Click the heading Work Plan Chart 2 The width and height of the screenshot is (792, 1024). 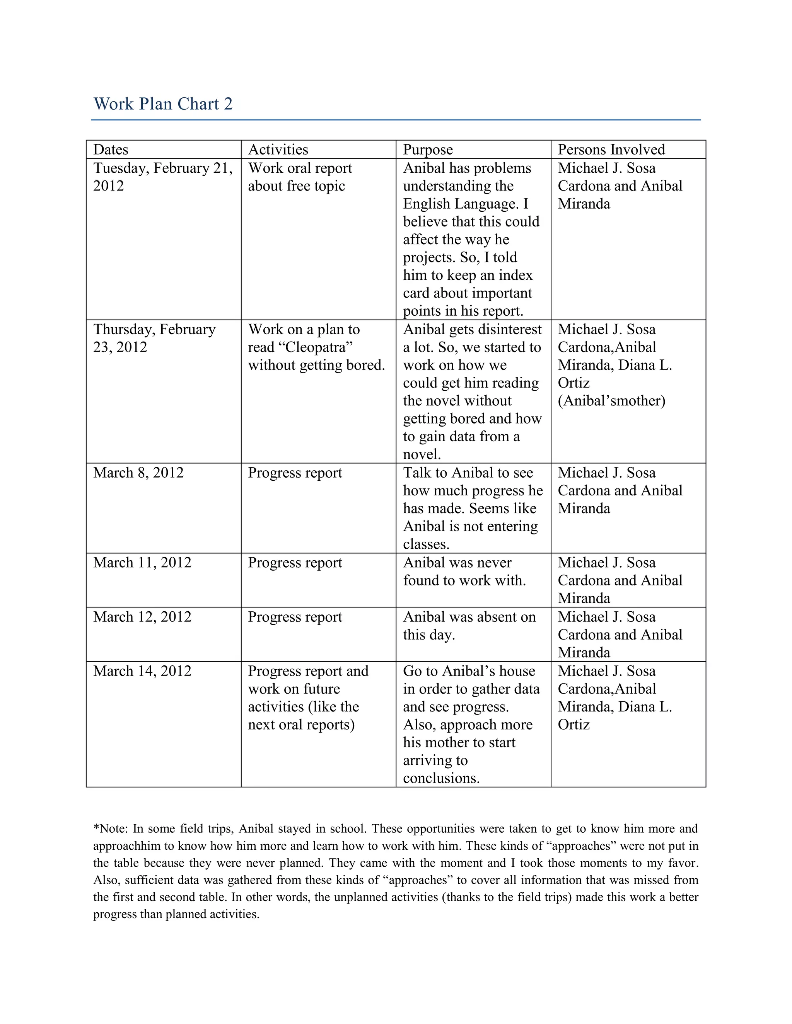pyautogui.click(x=163, y=104)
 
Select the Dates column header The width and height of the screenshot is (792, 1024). pyautogui.click(x=111, y=150)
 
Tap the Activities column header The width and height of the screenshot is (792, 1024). pyautogui.click(x=278, y=150)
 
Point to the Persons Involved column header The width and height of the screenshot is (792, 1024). pyautogui.click(x=611, y=150)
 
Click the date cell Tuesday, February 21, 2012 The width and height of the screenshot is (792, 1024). pyautogui.click(x=163, y=177)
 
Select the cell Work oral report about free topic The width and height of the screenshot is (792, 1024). pyautogui.click(x=300, y=177)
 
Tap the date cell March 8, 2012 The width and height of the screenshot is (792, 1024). pyautogui.click(x=138, y=473)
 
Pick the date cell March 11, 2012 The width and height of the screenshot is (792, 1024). pyautogui.click(x=142, y=563)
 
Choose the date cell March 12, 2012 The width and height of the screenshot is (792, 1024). pyautogui.click(x=142, y=617)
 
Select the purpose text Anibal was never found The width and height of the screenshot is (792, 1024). pyautogui.click(x=464, y=572)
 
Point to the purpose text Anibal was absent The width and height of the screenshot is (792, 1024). pyautogui.click(x=469, y=626)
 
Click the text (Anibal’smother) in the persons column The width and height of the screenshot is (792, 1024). pyautogui.click(x=611, y=401)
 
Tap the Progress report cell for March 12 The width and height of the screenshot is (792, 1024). pyautogui.click(x=295, y=617)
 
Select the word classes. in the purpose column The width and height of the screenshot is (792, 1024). pyautogui.click(x=426, y=544)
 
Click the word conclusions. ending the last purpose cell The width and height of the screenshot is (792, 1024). pyautogui.click(x=441, y=778)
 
